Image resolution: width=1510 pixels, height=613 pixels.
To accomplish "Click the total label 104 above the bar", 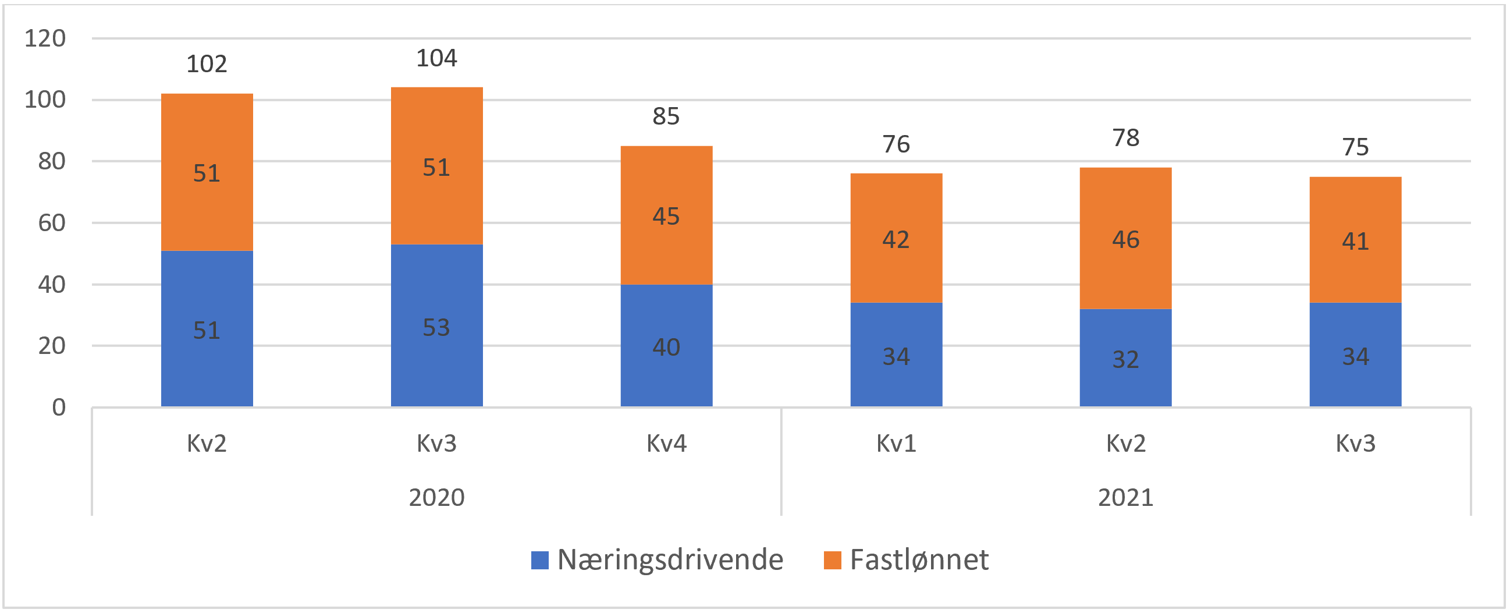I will pos(436,58).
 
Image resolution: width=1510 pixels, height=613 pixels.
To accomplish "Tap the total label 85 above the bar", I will pos(666,116).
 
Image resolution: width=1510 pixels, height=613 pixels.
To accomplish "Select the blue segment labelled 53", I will pos(436,326).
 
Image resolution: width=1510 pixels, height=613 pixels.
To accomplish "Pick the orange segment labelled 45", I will pos(666,215).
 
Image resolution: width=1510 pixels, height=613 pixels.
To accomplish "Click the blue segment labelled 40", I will pos(666,346).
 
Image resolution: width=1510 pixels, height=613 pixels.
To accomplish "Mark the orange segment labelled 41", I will pos(1355,240).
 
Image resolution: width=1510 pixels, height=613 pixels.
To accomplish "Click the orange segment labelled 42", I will pos(896,238).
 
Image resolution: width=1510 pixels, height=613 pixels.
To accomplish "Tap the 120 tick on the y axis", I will pos(45,39).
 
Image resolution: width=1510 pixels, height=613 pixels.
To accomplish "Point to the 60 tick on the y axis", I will pos(52,223).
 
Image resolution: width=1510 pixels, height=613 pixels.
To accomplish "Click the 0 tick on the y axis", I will pos(59,407).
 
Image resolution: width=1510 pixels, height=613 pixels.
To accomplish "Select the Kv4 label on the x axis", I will pos(666,444).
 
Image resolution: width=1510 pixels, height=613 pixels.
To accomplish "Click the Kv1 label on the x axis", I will pos(896,444).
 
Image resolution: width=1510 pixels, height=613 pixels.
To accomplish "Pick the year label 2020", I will pos(436,497).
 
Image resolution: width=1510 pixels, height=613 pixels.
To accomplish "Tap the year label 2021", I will pos(1125,497).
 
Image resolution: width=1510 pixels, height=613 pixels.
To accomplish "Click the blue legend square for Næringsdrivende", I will pos(540,559).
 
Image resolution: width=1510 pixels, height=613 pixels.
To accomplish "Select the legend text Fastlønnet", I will pos(919,559).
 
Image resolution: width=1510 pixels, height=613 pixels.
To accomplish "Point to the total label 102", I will pos(207,64).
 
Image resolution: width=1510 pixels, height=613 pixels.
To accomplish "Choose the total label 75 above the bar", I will pos(1355,147).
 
